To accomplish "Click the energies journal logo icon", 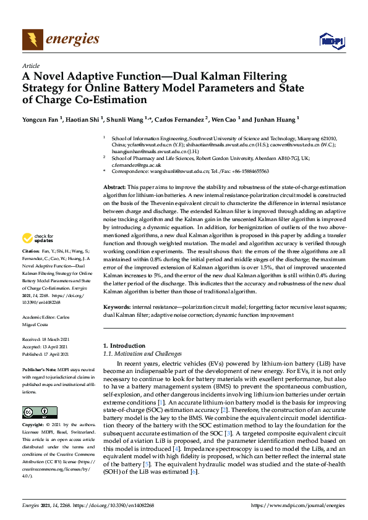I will [x=33, y=40].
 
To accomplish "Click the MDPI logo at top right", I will [x=331, y=41].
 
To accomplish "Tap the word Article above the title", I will [x=30, y=65].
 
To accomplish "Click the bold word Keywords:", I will [x=116, y=306].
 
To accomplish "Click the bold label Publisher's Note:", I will [x=38, y=367].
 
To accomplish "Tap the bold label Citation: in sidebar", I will [x=30, y=269].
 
